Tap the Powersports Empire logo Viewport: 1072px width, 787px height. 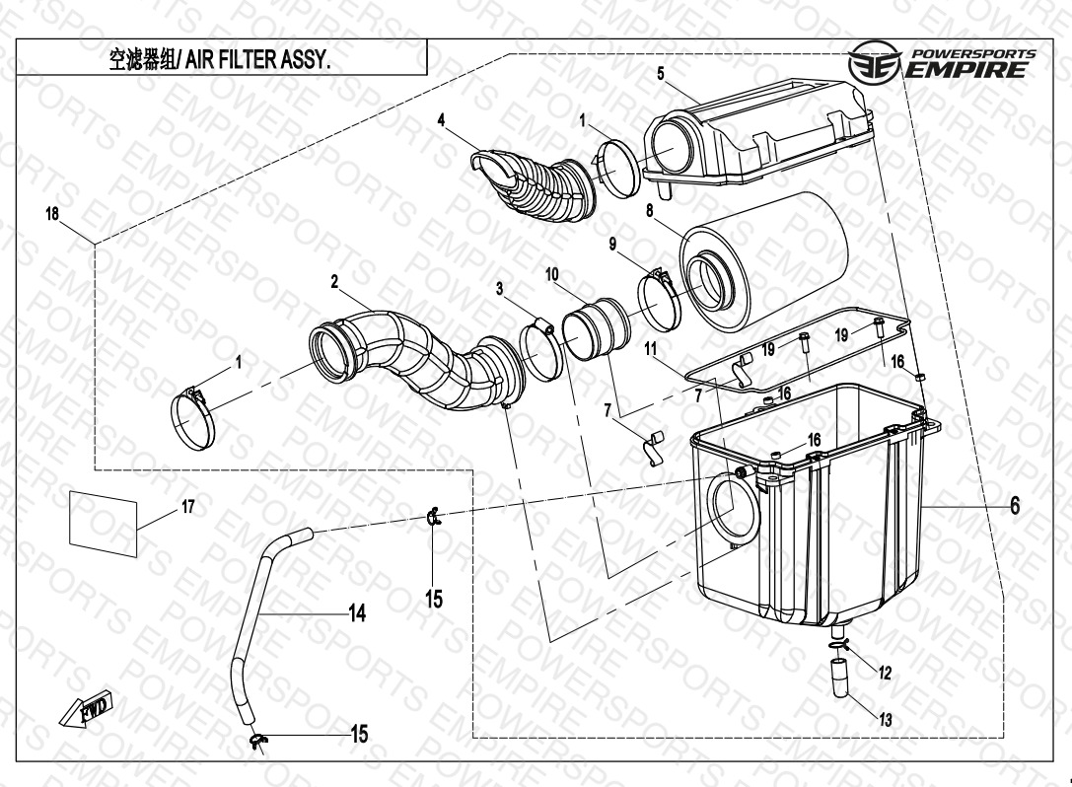[x=942, y=64]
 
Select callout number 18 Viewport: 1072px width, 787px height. [x=52, y=214]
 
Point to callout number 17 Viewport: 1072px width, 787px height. [x=187, y=507]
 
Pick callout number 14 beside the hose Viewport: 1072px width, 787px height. [x=357, y=613]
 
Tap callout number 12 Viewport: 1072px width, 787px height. [x=885, y=674]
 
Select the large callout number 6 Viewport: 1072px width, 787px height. [x=1014, y=506]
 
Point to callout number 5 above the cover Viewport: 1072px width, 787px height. [x=660, y=73]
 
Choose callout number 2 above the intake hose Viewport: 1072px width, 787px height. [x=335, y=281]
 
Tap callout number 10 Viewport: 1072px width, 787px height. [x=551, y=272]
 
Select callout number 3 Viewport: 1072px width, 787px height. [x=500, y=288]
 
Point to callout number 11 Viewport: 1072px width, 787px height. [x=650, y=348]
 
